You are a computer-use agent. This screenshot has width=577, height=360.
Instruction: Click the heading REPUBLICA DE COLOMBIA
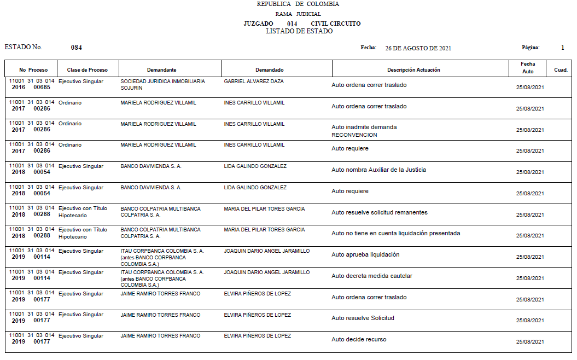pyautogui.click(x=298, y=4)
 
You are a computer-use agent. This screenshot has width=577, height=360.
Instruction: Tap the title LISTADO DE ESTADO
pyautogui.click(x=299, y=31)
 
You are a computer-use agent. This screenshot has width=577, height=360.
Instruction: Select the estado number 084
pyautogui.click(x=77, y=48)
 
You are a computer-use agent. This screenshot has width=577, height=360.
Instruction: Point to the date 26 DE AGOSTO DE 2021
pyautogui.click(x=418, y=48)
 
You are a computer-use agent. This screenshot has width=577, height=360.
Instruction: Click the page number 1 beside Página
pyautogui.click(x=562, y=48)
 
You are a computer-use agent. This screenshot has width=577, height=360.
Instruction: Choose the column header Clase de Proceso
pyautogui.click(x=88, y=70)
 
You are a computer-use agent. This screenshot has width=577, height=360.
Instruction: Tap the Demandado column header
pyautogui.click(x=270, y=70)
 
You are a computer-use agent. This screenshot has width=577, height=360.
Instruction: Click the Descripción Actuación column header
pyautogui.click(x=413, y=70)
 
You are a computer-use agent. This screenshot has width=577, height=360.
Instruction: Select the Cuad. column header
pyautogui.click(x=561, y=70)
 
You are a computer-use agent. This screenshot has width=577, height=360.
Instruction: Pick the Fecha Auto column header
pyautogui.click(x=528, y=68)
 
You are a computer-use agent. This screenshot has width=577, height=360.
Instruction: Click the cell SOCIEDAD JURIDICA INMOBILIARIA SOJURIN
pyautogui.click(x=162, y=84)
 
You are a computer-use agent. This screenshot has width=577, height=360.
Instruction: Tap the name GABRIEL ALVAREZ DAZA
pyautogui.click(x=254, y=81)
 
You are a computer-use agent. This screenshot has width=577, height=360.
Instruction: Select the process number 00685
pyautogui.click(x=42, y=88)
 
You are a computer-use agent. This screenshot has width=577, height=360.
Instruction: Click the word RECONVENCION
pyautogui.click(x=354, y=135)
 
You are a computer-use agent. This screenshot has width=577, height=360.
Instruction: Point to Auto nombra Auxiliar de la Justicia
pyautogui.click(x=378, y=170)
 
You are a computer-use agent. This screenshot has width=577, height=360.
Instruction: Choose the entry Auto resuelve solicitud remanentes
pyautogui.click(x=380, y=212)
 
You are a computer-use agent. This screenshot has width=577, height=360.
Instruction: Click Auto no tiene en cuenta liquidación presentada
pyautogui.click(x=395, y=233)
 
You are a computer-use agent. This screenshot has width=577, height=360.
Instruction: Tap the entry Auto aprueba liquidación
pyautogui.click(x=365, y=254)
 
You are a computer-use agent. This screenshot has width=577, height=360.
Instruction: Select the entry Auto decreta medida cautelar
pyautogui.click(x=372, y=276)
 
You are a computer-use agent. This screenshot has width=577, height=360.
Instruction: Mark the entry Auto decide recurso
pyautogui.click(x=359, y=339)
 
